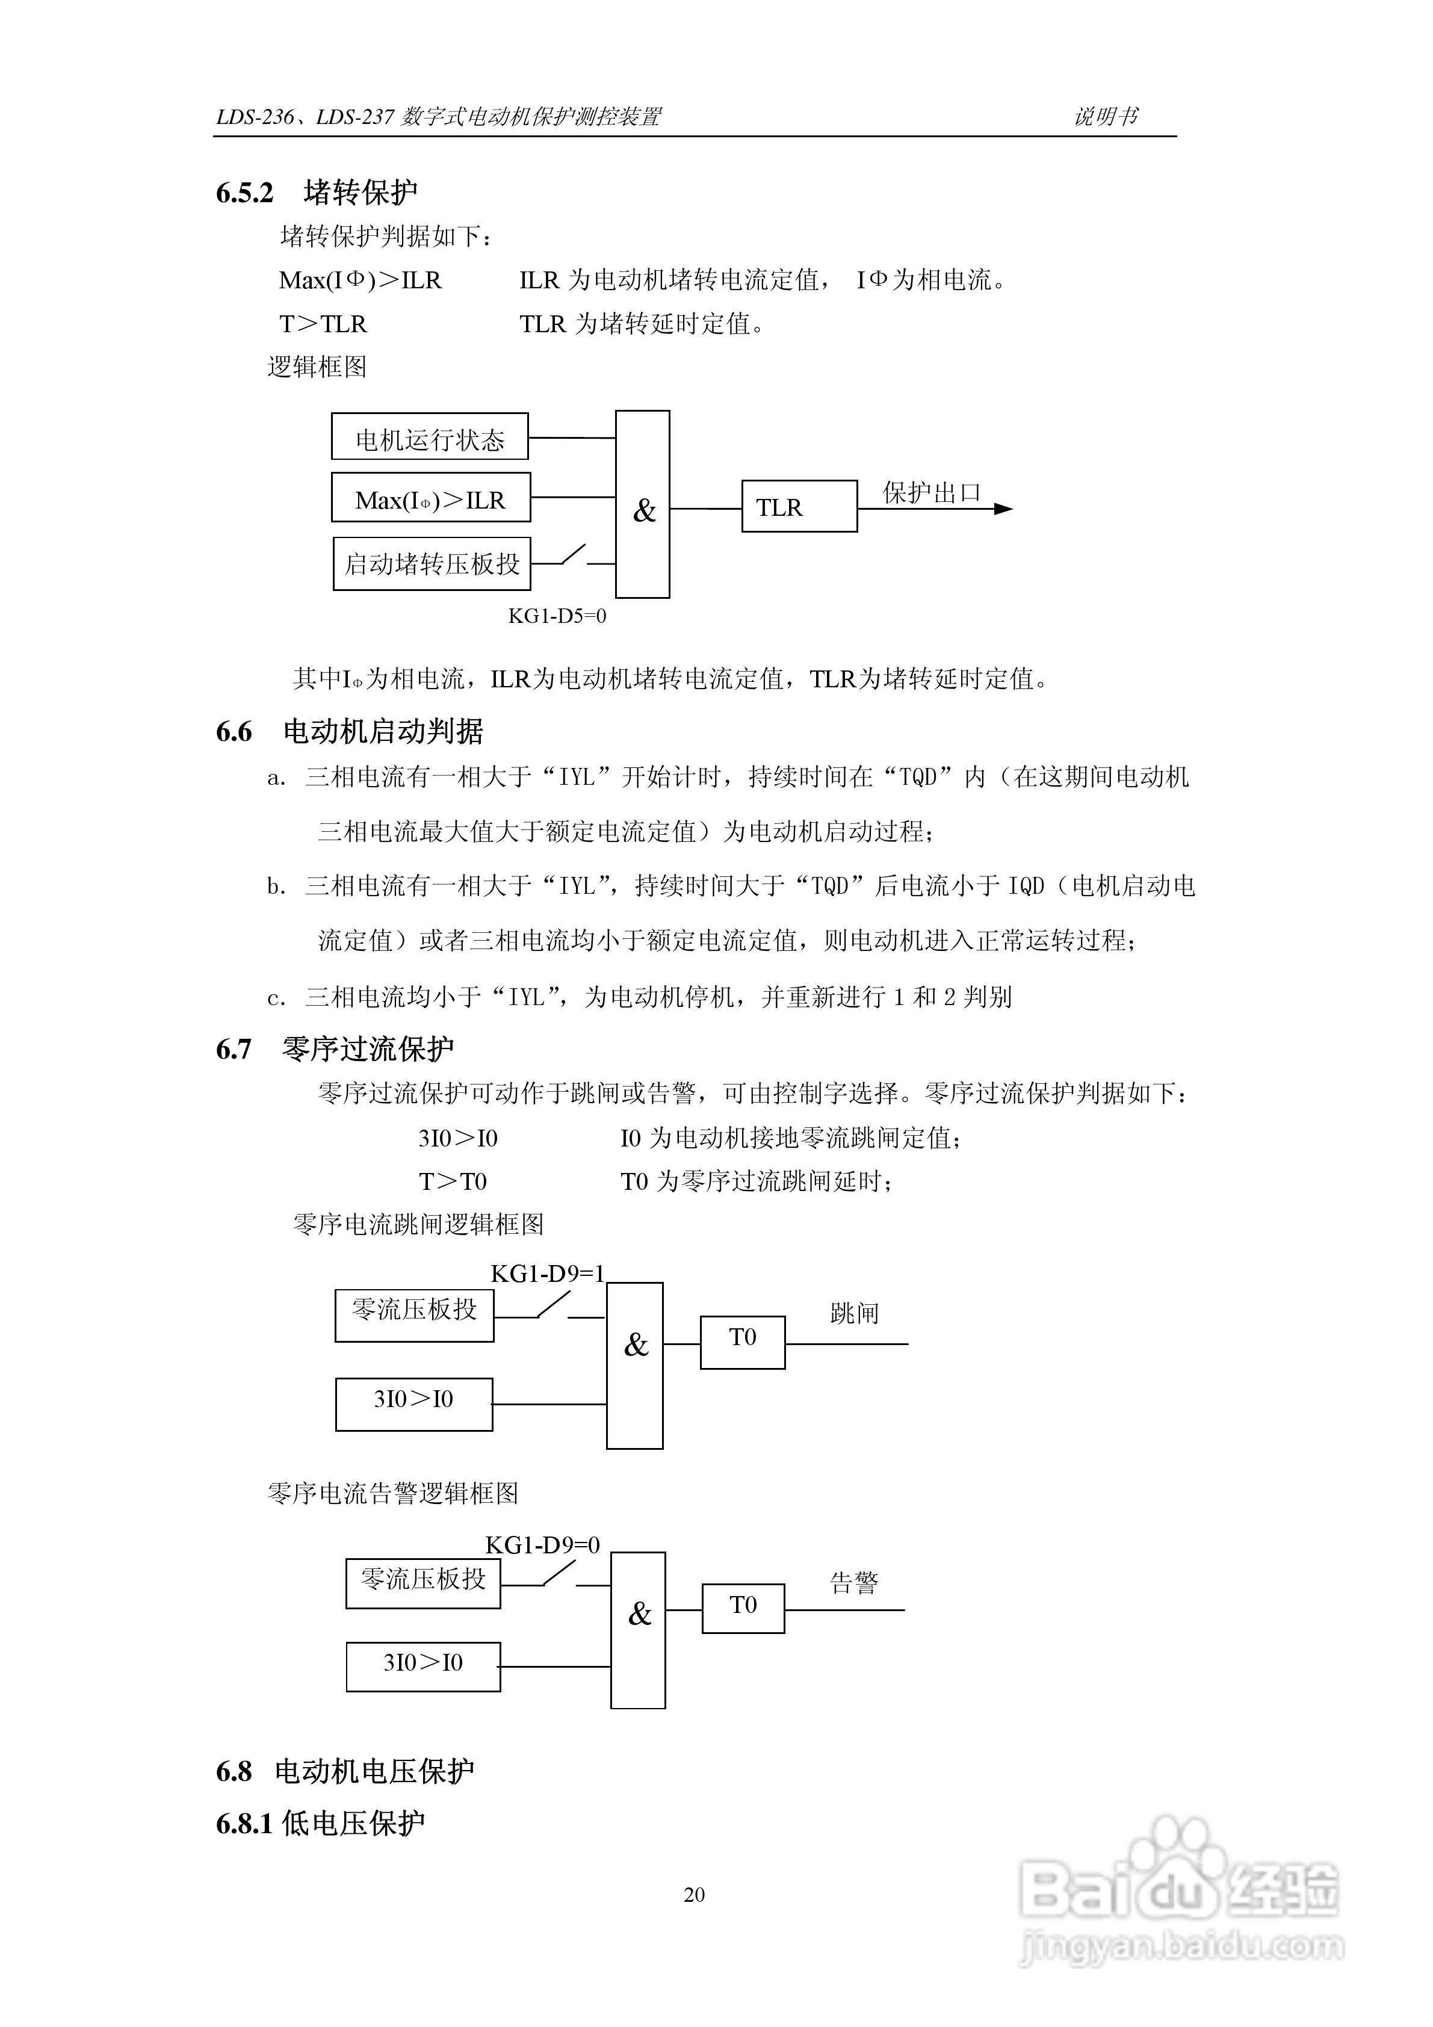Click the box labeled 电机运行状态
pyautogui.click(x=429, y=436)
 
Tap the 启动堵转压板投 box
pyautogui.click(x=432, y=563)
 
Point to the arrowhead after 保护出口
pyautogui.click(x=1003, y=509)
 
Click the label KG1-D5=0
pyautogui.click(x=557, y=616)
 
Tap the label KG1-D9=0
pyautogui.click(x=542, y=1544)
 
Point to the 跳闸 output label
pyautogui.click(x=854, y=1314)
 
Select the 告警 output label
pyautogui.click(x=854, y=1582)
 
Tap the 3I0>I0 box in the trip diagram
pyautogui.click(x=413, y=1403)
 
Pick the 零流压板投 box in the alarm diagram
pyautogui.click(x=423, y=1583)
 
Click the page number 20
pyautogui.click(x=694, y=1895)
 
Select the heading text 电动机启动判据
pyautogui.click(x=383, y=731)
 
